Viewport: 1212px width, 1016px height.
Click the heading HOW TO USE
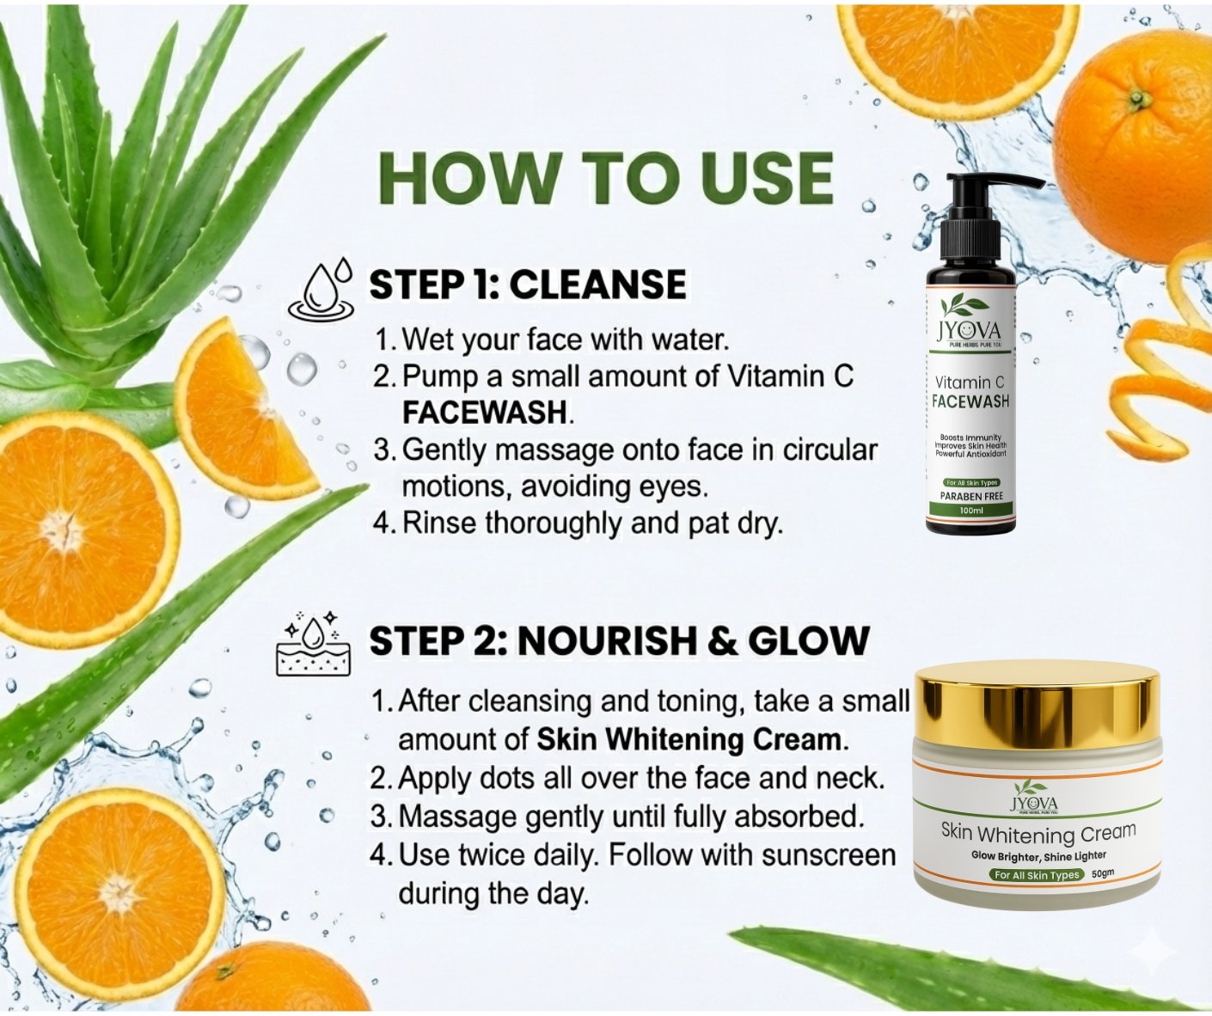click(x=606, y=178)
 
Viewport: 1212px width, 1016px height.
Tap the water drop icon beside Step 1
click(x=321, y=291)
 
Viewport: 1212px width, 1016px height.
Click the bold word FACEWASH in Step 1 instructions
click(x=485, y=413)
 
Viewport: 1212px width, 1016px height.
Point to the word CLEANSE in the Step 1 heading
click(x=598, y=285)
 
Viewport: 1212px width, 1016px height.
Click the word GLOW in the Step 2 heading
click(x=809, y=641)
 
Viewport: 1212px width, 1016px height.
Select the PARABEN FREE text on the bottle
click(x=971, y=496)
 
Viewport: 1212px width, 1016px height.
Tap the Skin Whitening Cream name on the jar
click(x=1038, y=833)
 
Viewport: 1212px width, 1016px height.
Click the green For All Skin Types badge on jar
click(x=1036, y=874)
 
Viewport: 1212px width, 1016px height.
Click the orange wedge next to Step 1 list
click(x=244, y=407)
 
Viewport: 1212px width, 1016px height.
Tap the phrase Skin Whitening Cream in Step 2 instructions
click(x=689, y=739)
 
